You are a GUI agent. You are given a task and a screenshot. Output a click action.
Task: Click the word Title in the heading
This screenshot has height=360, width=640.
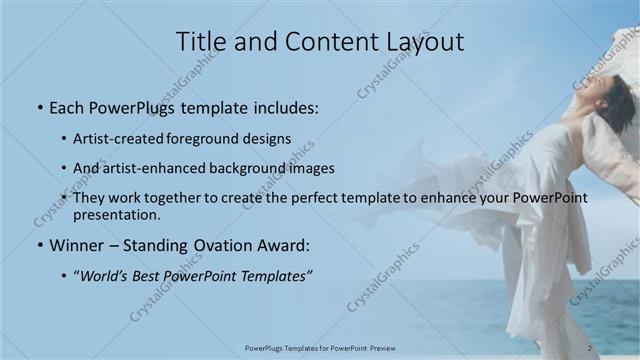coord(200,41)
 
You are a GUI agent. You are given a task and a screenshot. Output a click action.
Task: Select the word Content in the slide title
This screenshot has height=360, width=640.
coord(313,41)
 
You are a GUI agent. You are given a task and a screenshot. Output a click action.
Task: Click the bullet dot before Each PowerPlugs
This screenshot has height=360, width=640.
coord(39,106)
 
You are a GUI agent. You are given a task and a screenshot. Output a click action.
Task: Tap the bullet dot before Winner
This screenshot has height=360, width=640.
coord(39,245)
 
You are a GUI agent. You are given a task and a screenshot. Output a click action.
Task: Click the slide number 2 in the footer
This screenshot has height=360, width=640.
coord(590,348)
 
